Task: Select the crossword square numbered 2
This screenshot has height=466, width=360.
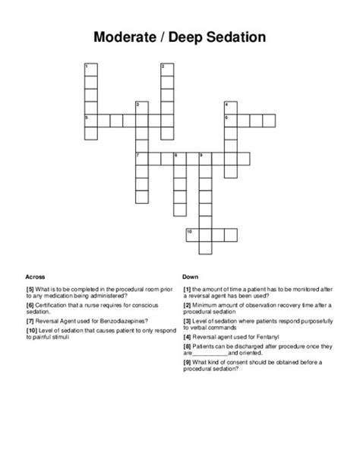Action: click(x=166, y=69)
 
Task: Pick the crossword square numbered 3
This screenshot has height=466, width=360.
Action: click(x=141, y=107)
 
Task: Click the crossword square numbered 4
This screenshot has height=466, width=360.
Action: click(x=229, y=107)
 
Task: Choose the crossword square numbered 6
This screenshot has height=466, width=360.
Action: click(x=229, y=120)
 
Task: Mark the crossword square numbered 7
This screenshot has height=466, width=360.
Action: click(x=141, y=158)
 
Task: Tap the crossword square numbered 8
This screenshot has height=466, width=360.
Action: click(x=179, y=158)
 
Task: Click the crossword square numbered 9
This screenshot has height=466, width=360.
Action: click(x=204, y=158)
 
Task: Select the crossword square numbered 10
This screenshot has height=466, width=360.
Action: click(x=191, y=233)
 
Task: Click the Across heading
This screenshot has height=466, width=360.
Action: click(x=36, y=277)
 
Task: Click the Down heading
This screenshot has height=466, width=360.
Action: click(x=190, y=277)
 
